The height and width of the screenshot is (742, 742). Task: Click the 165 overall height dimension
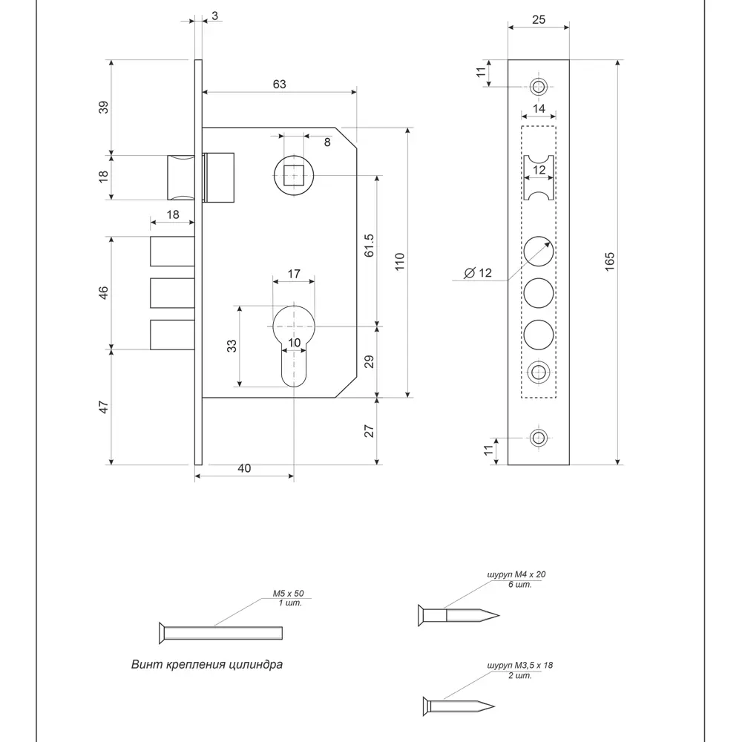[609, 261]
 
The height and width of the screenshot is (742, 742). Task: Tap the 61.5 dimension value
[369, 246]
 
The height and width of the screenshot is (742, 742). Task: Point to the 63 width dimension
[279, 84]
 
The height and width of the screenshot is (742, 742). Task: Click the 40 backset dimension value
[244, 467]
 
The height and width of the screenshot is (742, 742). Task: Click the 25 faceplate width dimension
[539, 19]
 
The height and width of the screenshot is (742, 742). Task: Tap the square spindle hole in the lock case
[294, 176]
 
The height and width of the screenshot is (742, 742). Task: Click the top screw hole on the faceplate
[539, 86]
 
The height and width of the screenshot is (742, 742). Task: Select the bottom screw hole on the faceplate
[539, 438]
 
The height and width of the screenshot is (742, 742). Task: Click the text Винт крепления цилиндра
[207, 664]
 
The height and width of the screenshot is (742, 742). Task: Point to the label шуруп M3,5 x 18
[520, 666]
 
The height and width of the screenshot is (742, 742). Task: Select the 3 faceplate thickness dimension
[214, 15]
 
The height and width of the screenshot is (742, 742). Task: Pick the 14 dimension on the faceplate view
[539, 109]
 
